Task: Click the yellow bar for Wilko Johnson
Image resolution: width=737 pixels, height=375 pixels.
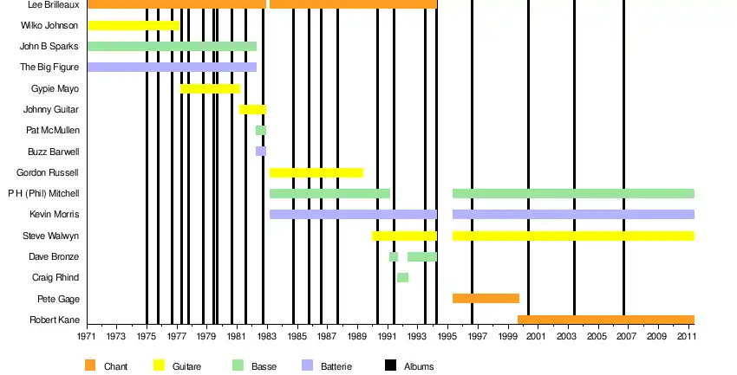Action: coord(134,25)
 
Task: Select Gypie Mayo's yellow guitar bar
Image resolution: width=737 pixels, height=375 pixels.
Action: coord(210,88)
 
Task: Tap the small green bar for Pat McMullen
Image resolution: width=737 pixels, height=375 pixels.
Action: coord(260,130)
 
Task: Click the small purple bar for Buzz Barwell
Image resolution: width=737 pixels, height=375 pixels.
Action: coord(260,151)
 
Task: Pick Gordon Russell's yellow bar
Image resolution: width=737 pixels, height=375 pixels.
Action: coord(316,172)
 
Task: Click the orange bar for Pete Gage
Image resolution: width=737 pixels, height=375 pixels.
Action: coord(486,298)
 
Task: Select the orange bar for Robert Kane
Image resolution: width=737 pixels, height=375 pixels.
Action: coord(606,320)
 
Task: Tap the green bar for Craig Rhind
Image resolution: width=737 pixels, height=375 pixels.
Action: coord(402,277)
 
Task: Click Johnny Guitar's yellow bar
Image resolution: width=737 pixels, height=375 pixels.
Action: coord(252,109)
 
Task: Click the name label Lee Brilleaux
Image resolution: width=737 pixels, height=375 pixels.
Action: coord(54,4)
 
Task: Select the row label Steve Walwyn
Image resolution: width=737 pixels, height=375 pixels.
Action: coord(51,236)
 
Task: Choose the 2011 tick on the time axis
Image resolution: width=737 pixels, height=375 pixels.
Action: coord(686,335)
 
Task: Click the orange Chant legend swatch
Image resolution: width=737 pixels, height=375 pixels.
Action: coord(91,365)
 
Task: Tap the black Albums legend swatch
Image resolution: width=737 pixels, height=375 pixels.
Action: coord(389,365)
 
